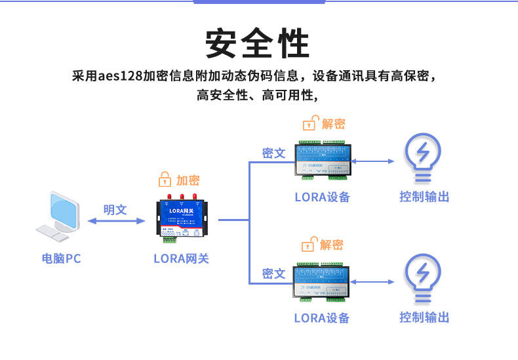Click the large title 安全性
[x=258, y=44]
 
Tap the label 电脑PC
[x=61, y=258]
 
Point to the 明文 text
[x=115, y=209]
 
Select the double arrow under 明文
[x=115, y=221]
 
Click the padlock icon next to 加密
[x=165, y=180]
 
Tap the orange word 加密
[x=188, y=180]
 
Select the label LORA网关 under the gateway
[x=181, y=258]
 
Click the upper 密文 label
[x=273, y=153]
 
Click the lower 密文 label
[x=273, y=273]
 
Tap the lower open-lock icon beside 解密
[x=308, y=245]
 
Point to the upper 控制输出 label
[x=424, y=197]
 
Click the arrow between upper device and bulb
[x=372, y=161]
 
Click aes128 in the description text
[x=118, y=75]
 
